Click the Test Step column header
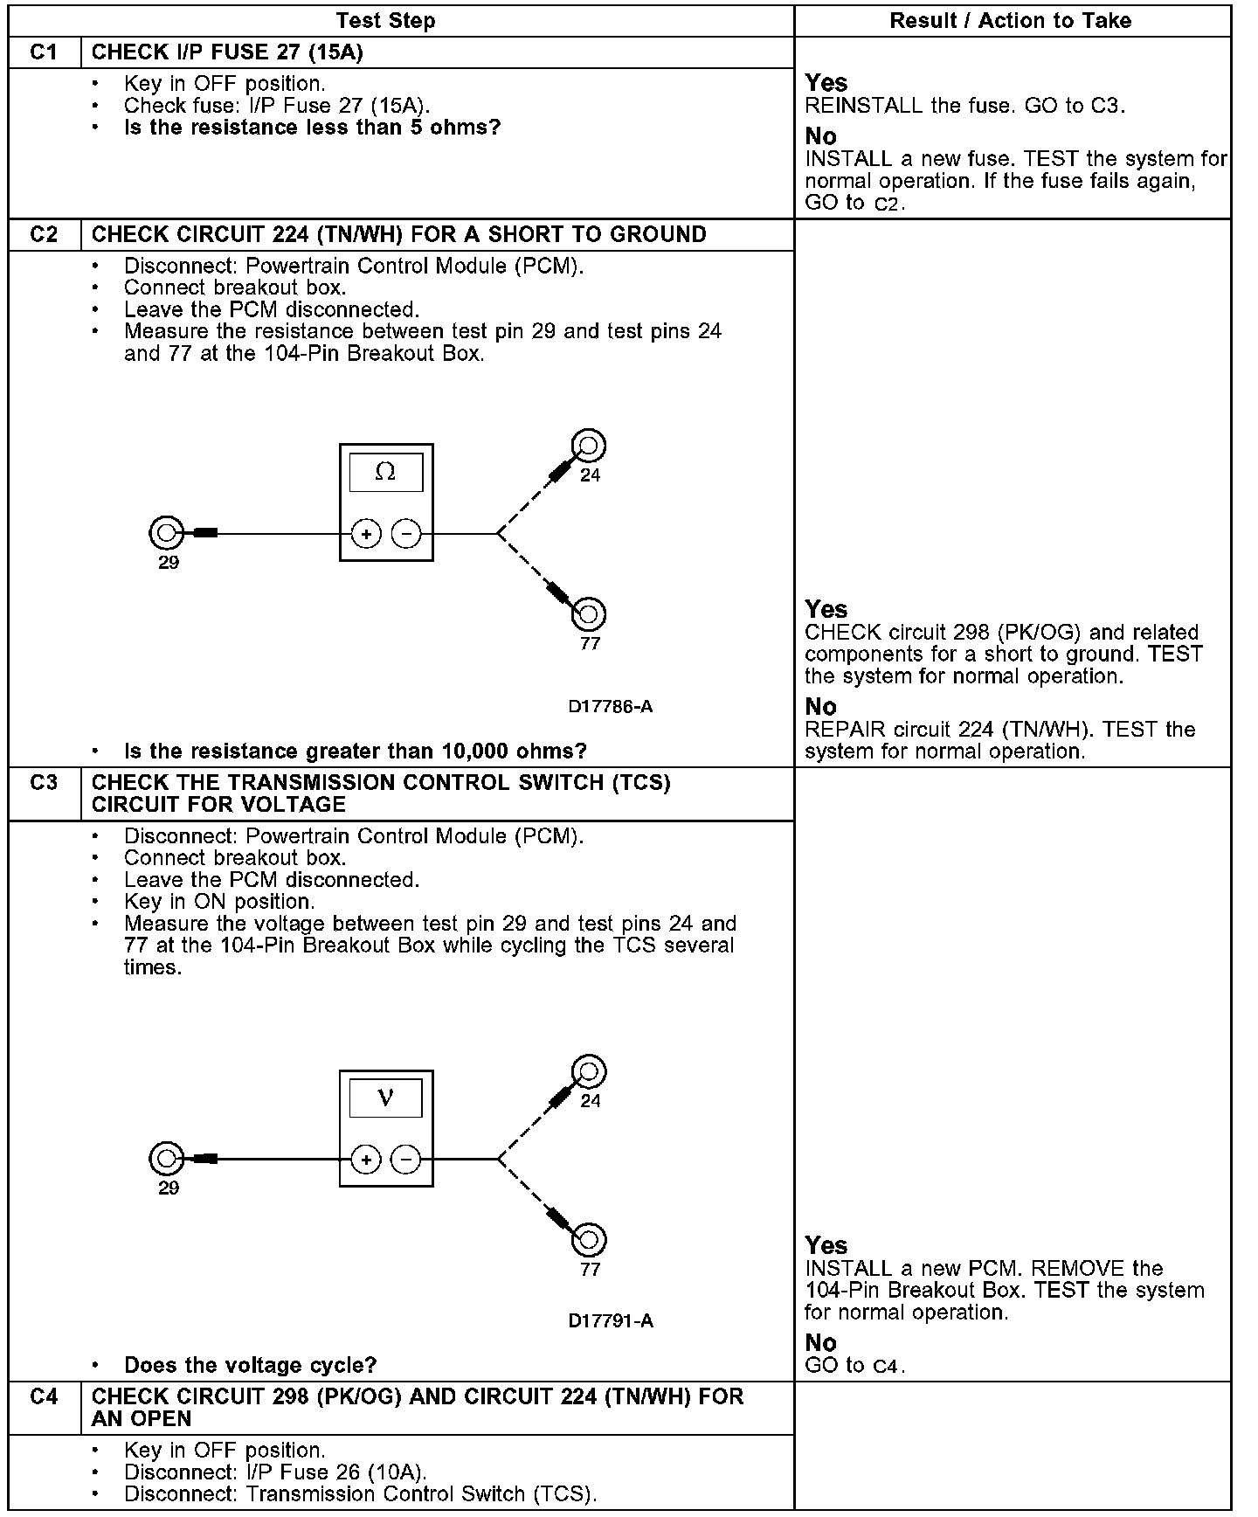385,21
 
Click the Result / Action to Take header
1011,21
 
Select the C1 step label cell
44,52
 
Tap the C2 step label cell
44,235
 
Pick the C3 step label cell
44,783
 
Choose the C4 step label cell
44,1397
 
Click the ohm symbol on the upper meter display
385,473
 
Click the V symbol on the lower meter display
385,1098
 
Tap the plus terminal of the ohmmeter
367,534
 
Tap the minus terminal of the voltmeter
406,1160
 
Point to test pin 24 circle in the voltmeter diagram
589,1071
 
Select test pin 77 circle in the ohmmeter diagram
589,613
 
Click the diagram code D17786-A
611,707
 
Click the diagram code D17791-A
611,1321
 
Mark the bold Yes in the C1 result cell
826,83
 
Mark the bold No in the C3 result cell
820,1343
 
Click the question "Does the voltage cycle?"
251,1365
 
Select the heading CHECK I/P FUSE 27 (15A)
227,52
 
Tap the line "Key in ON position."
219,902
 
